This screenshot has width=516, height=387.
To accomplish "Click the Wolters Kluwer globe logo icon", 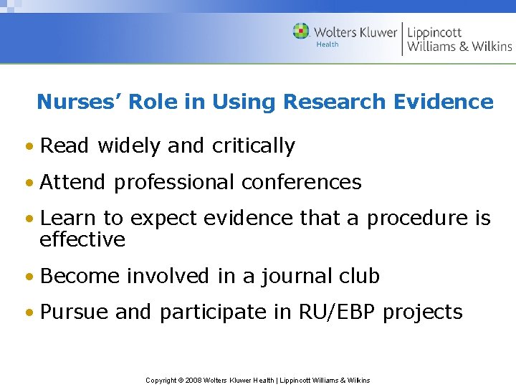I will click(302, 32).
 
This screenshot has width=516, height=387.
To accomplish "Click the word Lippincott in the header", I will click(434, 32).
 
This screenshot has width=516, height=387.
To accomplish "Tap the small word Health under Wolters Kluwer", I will click(328, 44).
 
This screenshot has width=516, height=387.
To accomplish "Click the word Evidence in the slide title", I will click(444, 102).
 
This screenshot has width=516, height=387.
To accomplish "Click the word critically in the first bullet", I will click(254, 146).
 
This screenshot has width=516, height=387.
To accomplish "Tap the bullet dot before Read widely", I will click(29, 147).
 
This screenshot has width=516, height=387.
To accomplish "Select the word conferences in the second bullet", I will click(302, 182).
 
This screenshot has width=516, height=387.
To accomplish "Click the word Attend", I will click(74, 182).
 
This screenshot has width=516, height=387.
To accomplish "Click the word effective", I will click(82, 239).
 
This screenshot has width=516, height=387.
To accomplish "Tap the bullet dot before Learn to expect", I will click(29, 219).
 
